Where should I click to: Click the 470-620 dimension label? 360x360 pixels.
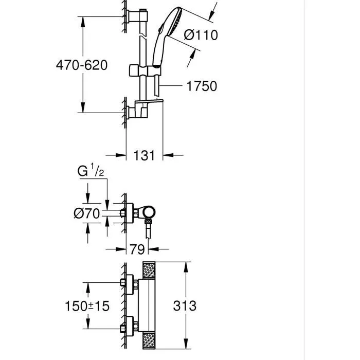(82, 65)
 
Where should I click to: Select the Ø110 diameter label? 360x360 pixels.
(201, 35)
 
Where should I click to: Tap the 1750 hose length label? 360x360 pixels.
(202, 86)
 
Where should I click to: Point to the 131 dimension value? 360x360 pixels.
(145, 155)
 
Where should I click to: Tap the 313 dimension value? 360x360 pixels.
(185, 306)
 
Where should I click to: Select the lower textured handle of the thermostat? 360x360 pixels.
(149, 341)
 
